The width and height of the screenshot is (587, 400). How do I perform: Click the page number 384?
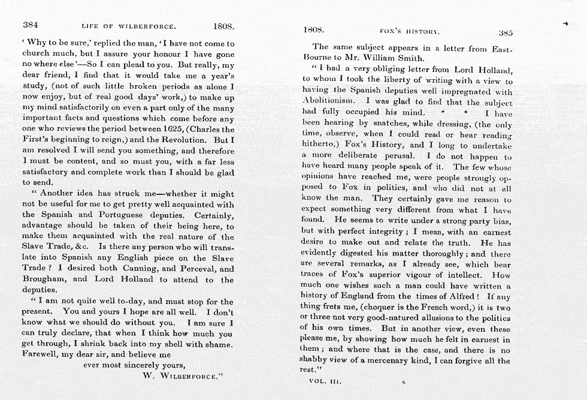[x=31, y=26]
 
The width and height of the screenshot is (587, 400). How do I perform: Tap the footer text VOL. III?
[x=325, y=381]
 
